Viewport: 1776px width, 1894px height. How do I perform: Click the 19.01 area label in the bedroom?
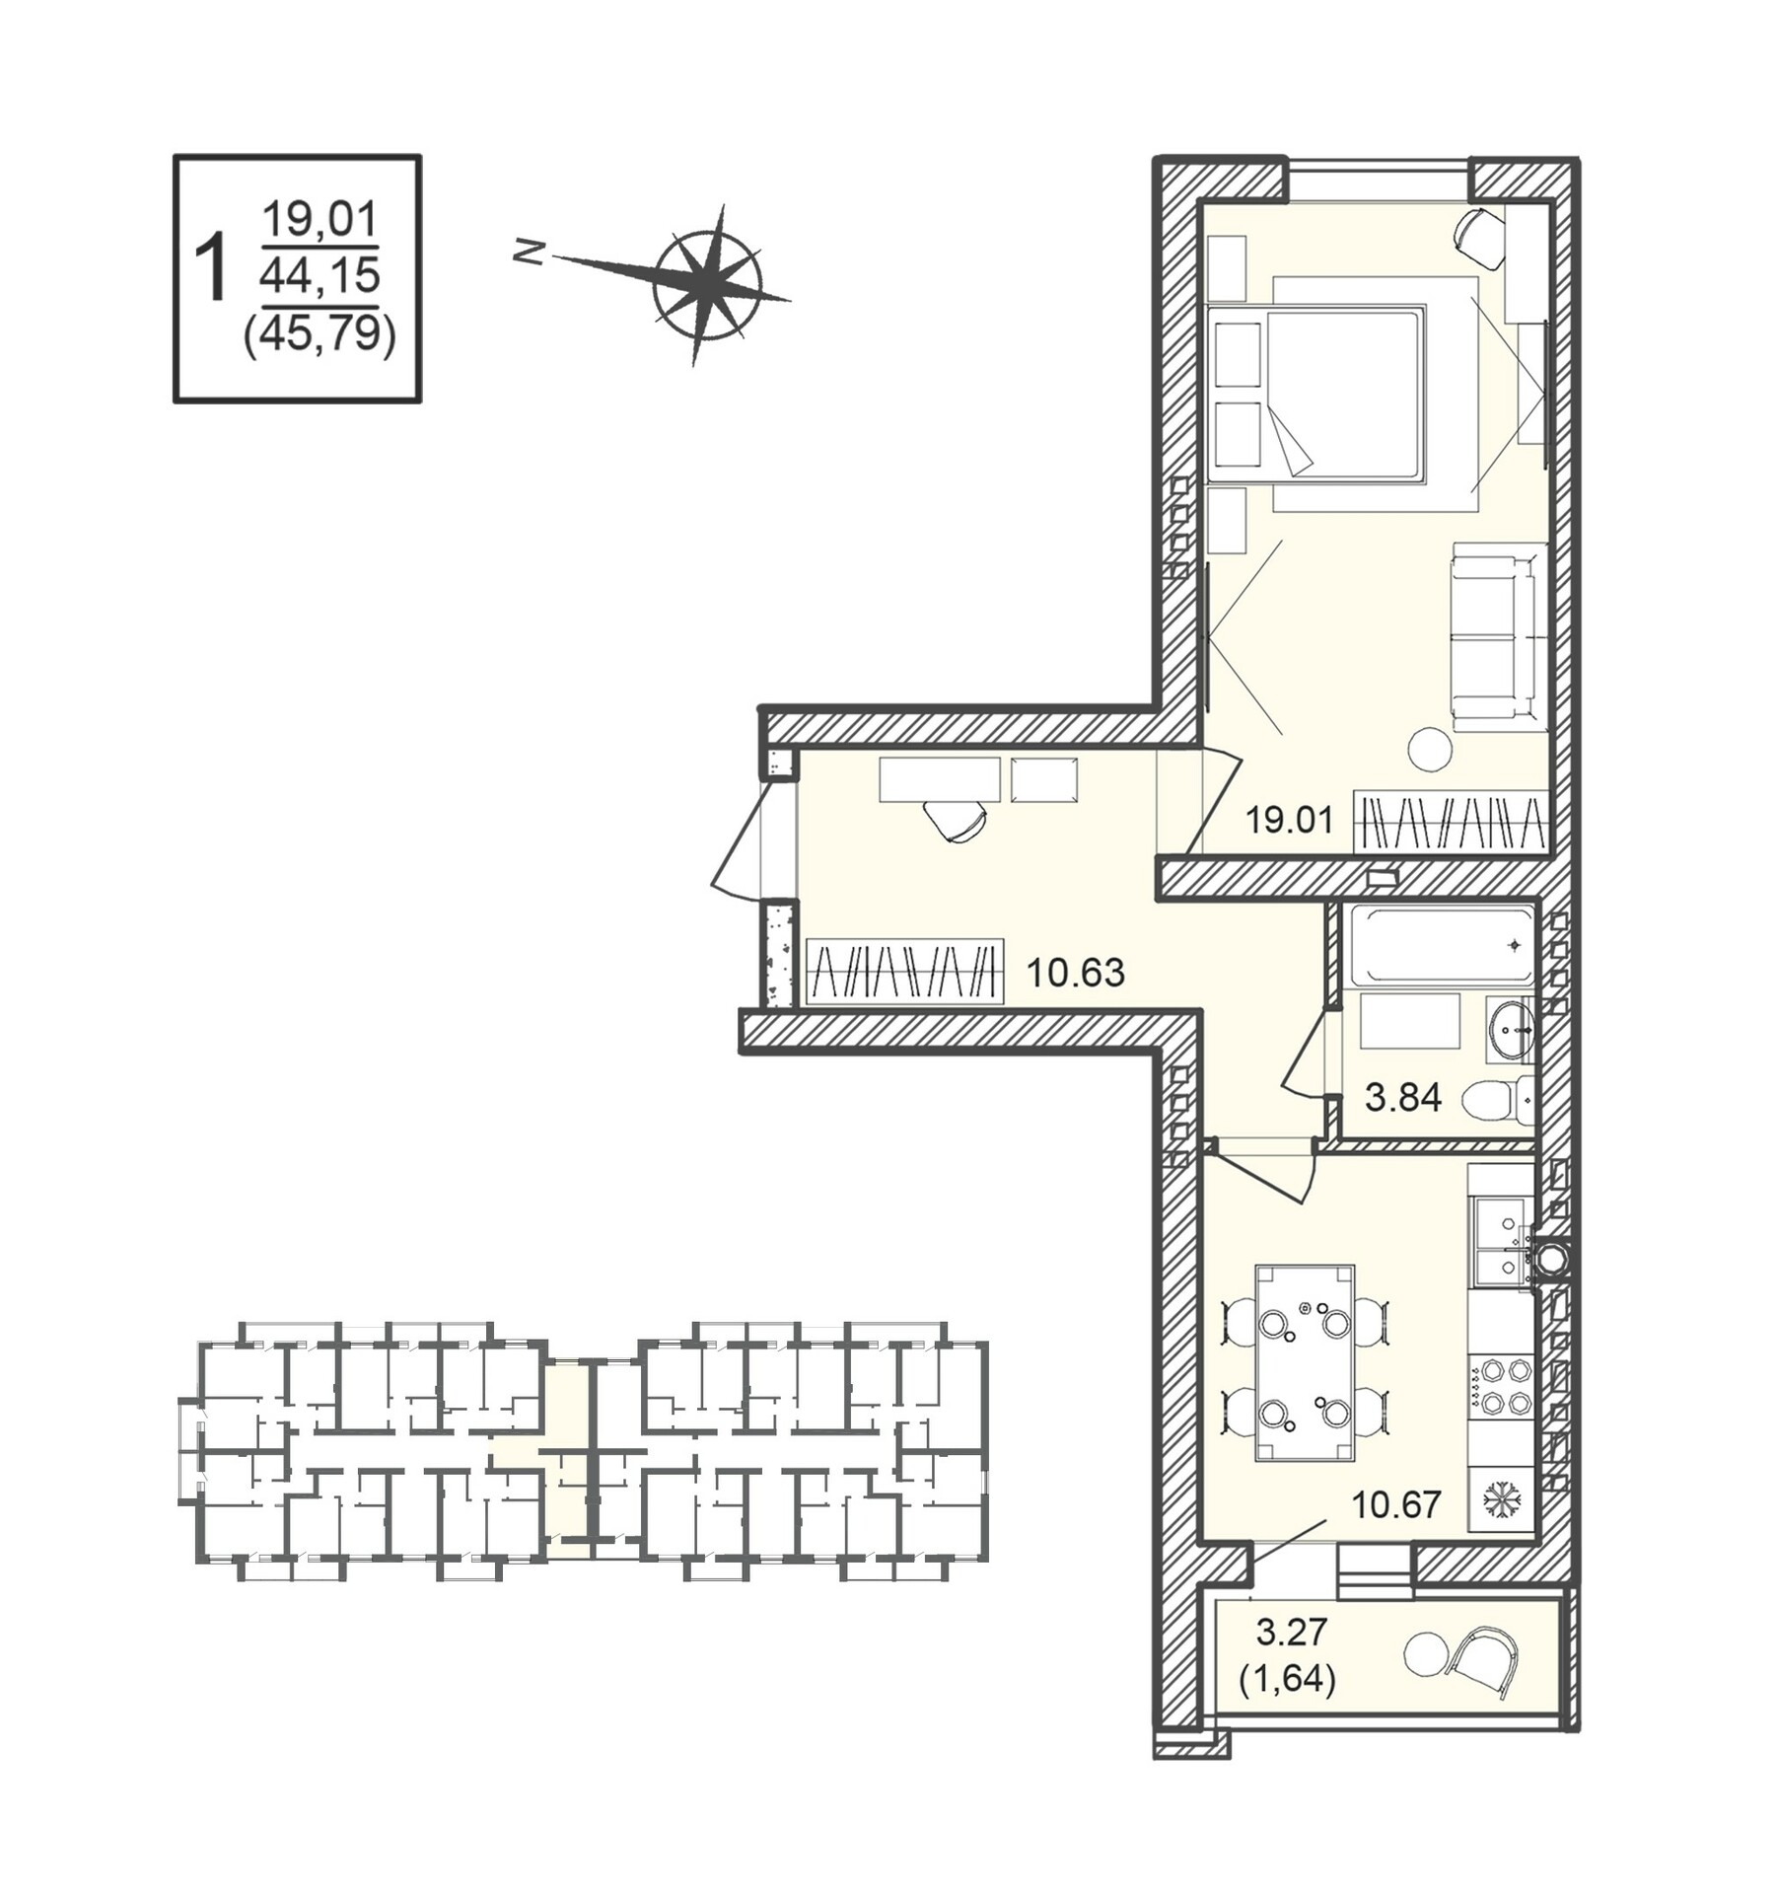(x=1289, y=820)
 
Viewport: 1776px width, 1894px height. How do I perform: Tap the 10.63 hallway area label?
(x=1075, y=973)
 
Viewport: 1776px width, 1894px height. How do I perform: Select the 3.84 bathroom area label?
(x=1403, y=1097)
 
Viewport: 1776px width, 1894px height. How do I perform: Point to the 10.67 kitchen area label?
(x=1396, y=1504)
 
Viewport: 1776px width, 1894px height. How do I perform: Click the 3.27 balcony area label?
(x=1292, y=1632)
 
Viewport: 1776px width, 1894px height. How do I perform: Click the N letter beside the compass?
(x=530, y=253)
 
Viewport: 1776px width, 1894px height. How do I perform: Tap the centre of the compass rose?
(x=706, y=286)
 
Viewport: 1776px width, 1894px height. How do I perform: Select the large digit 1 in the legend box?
(x=210, y=268)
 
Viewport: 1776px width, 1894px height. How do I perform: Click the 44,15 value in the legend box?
(x=320, y=275)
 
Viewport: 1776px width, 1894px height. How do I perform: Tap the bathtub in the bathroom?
(x=1442, y=946)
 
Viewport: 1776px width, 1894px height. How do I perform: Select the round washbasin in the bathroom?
(x=1510, y=1029)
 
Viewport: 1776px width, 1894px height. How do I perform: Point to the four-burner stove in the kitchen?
(x=1500, y=1387)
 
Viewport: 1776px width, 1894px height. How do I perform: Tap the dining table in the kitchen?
(x=1305, y=1363)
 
